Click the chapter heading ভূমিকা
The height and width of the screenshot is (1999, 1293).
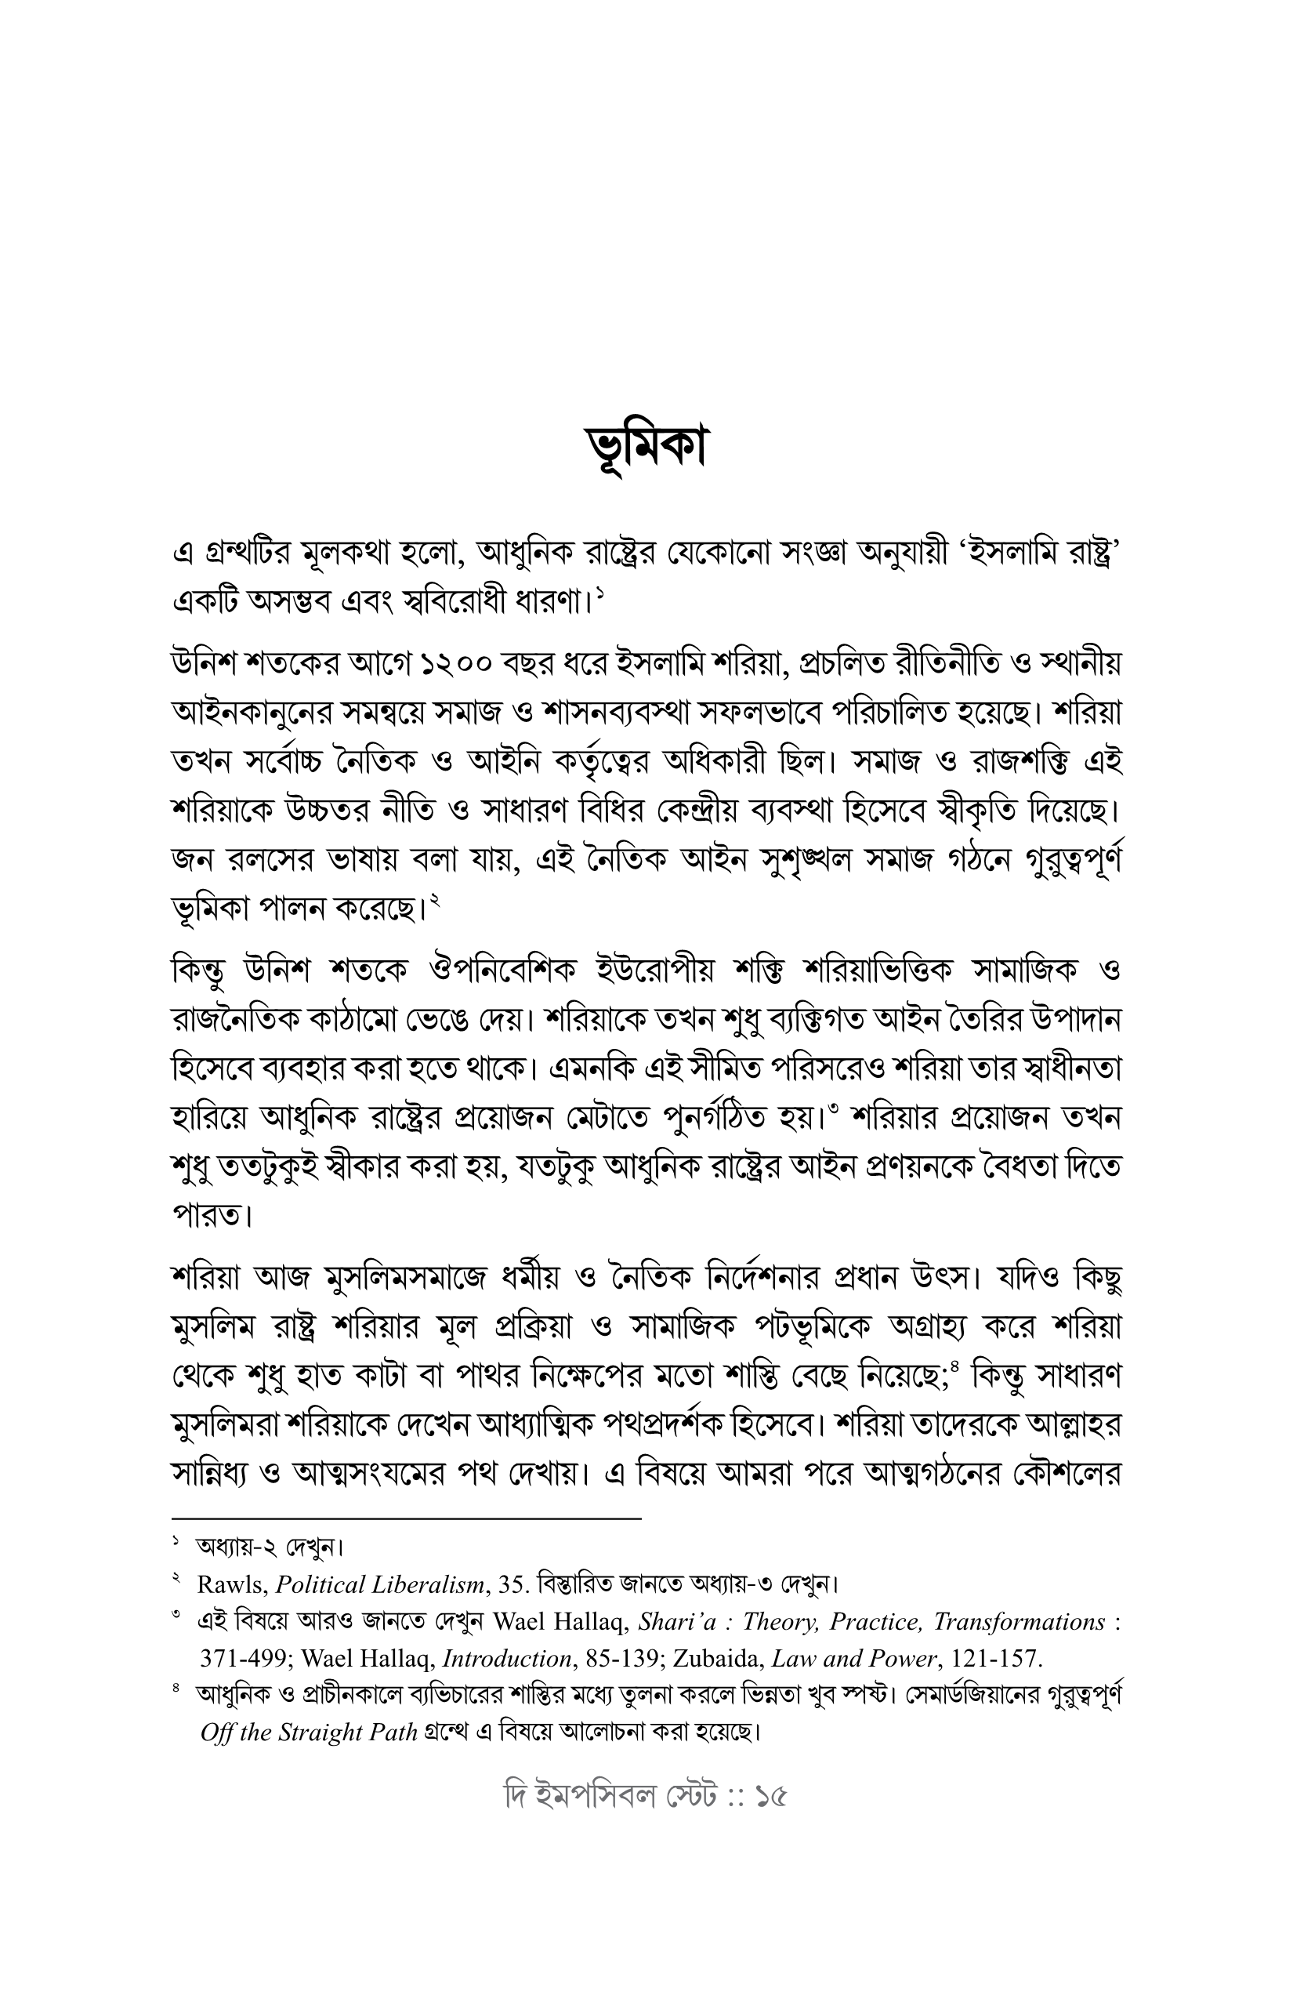(x=646, y=449)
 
